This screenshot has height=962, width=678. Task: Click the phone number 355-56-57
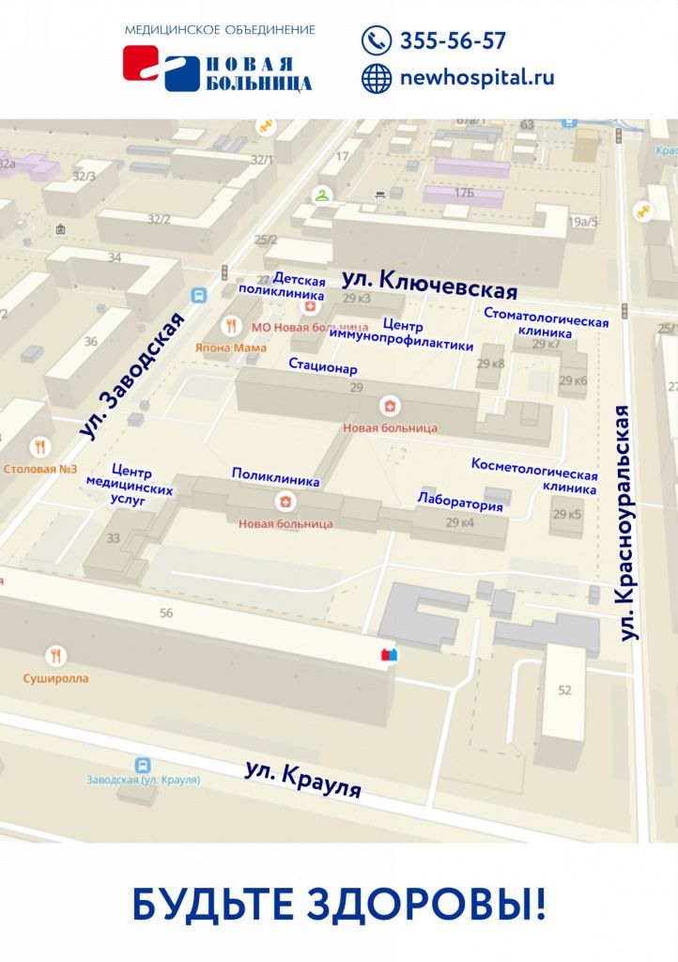click(453, 41)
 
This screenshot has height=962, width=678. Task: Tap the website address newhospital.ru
click(476, 78)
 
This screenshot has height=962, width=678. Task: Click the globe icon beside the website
click(377, 79)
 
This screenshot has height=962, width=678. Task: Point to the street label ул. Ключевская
click(430, 281)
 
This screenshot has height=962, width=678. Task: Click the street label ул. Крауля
click(303, 779)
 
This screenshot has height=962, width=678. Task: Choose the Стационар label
click(323, 365)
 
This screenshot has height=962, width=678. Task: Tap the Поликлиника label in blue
click(276, 477)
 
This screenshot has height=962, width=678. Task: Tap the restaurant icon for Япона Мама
click(231, 325)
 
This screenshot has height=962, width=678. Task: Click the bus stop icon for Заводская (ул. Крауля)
click(143, 765)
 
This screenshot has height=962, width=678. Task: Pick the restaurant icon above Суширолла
click(56, 656)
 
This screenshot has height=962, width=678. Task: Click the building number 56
click(166, 613)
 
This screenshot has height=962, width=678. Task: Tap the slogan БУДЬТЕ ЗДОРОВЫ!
click(338, 904)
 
